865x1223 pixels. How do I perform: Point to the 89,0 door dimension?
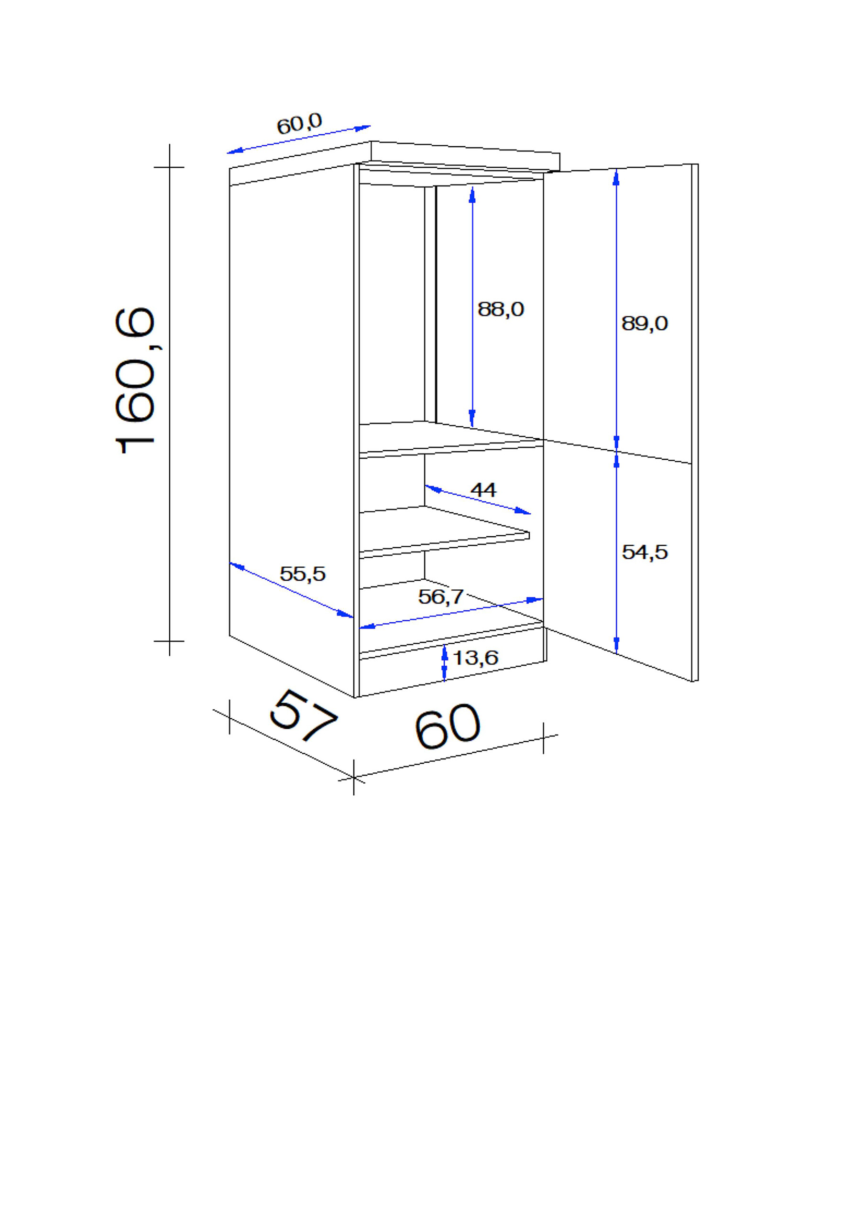click(x=645, y=324)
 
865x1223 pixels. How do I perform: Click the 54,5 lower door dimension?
click(x=645, y=552)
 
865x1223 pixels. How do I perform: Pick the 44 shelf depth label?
click(x=483, y=489)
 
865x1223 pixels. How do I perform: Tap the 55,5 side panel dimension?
click(x=302, y=574)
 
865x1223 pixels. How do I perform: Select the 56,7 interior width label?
click(x=441, y=596)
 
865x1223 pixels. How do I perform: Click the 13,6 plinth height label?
click(x=475, y=658)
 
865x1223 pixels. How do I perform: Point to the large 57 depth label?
click(x=304, y=715)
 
